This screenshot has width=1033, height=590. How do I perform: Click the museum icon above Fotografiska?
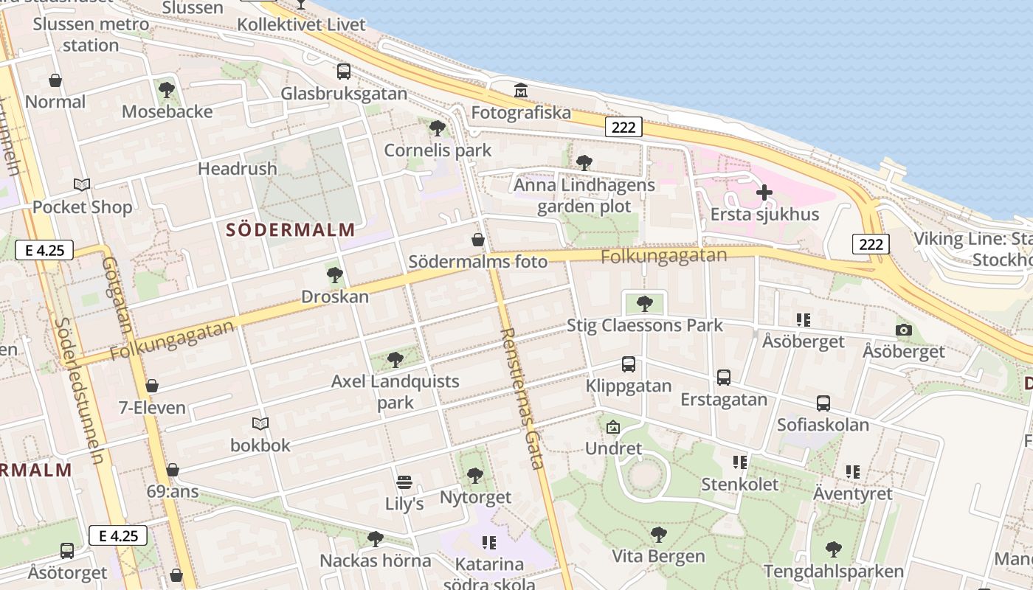[521, 91]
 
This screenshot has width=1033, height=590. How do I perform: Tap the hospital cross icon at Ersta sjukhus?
[764, 193]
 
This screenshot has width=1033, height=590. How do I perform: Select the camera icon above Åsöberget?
[904, 330]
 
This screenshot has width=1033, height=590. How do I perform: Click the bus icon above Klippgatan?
[629, 364]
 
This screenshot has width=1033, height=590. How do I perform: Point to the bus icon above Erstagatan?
[724, 378]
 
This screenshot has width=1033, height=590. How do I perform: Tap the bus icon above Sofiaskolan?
[823, 403]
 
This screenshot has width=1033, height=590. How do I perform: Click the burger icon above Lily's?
[404, 482]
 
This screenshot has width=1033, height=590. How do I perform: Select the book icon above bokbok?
[260, 423]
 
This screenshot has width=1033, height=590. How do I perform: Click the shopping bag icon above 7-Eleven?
[152, 386]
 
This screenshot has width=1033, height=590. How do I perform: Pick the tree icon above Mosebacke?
[167, 90]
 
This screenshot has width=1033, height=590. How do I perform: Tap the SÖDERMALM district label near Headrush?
[291, 229]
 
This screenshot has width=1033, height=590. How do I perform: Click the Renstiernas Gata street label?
[522, 398]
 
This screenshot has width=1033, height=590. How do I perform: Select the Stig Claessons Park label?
[644, 325]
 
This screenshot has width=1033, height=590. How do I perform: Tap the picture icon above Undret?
[613, 426]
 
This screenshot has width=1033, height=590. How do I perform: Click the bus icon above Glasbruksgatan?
[344, 72]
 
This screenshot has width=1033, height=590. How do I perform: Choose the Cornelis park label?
[438, 150]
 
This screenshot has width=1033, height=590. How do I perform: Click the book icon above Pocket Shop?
[82, 184]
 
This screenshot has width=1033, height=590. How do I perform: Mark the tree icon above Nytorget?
[475, 476]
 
